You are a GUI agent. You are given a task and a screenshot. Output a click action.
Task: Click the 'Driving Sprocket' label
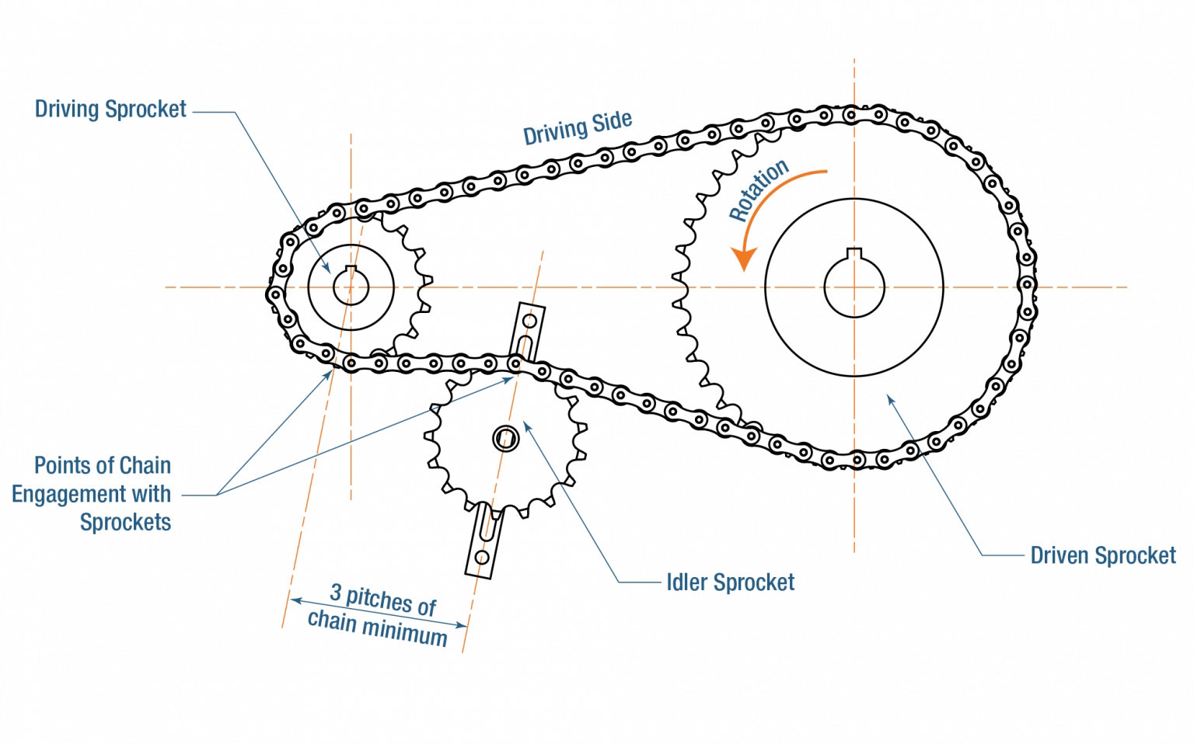click(x=110, y=110)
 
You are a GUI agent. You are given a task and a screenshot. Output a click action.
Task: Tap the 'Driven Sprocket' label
click(x=1102, y=556)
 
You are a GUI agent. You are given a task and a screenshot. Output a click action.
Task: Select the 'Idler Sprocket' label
click(x=730, y=582)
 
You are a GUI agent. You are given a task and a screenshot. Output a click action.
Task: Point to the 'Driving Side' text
click(x=577, y=128)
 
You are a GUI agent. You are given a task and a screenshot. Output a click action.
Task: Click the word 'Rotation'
click(x=759, y=190)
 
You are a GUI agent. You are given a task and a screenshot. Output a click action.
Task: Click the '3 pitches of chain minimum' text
click(x=379, y=615)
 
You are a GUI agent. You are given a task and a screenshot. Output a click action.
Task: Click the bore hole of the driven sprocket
click(x=854, y=288)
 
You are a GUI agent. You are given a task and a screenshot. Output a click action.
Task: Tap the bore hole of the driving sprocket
click(x=351, y=288)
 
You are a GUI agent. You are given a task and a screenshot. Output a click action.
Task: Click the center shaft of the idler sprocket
click(x=505, y=440)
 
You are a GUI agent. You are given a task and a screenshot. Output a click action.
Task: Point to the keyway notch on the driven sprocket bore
click(x=854, y=252)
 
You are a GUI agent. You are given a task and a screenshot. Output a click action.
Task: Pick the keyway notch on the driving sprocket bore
click(x=351, y=269)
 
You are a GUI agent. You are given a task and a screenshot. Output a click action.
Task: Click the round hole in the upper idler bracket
click(x=531, y=320)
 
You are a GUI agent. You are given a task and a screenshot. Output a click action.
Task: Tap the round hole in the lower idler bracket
click(x=481, y=557)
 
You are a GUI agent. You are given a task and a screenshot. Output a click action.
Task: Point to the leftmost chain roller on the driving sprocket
click(x=274, y=294)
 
